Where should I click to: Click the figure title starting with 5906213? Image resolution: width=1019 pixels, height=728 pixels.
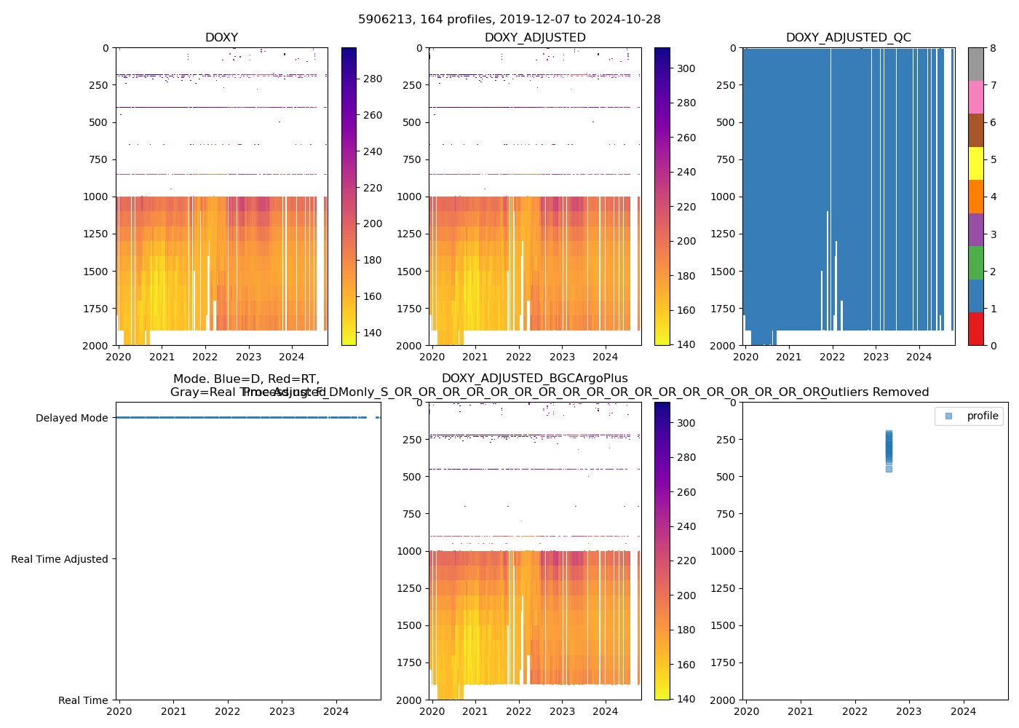tap(509, 20)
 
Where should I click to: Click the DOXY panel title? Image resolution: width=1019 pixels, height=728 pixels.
tap(221, 38)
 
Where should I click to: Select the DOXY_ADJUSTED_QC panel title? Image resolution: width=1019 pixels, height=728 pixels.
tap(848, 38)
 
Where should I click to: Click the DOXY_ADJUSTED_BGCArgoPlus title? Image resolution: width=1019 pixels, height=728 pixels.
tap(535, 379)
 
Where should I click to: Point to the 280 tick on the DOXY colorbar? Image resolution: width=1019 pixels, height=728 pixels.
tap(373, 79)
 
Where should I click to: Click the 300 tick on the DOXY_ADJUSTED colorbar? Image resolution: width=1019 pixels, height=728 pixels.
tap(686, 68)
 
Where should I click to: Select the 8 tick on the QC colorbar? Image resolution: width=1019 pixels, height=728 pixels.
tap(993, 48)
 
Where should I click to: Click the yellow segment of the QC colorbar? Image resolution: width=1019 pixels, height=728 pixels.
tap(976, 164)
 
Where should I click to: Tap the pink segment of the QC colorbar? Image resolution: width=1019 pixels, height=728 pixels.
tap(976, 97)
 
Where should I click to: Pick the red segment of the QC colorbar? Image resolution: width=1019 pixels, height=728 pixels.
tap(976, 329)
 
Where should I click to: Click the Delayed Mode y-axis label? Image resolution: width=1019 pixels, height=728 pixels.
tap(71, 418)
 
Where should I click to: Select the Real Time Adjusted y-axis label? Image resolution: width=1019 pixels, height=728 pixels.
tap(59, 559)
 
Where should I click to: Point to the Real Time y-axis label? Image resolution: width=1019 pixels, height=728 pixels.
tap(83, 700)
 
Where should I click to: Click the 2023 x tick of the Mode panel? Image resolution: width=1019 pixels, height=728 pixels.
tap(282, 711)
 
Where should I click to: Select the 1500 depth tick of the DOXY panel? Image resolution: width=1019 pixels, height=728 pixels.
tap(95, 272)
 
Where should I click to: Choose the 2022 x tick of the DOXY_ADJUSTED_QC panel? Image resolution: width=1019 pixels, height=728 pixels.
tap(833, 357)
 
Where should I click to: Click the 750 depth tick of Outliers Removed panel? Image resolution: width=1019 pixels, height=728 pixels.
tap(723, 514)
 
